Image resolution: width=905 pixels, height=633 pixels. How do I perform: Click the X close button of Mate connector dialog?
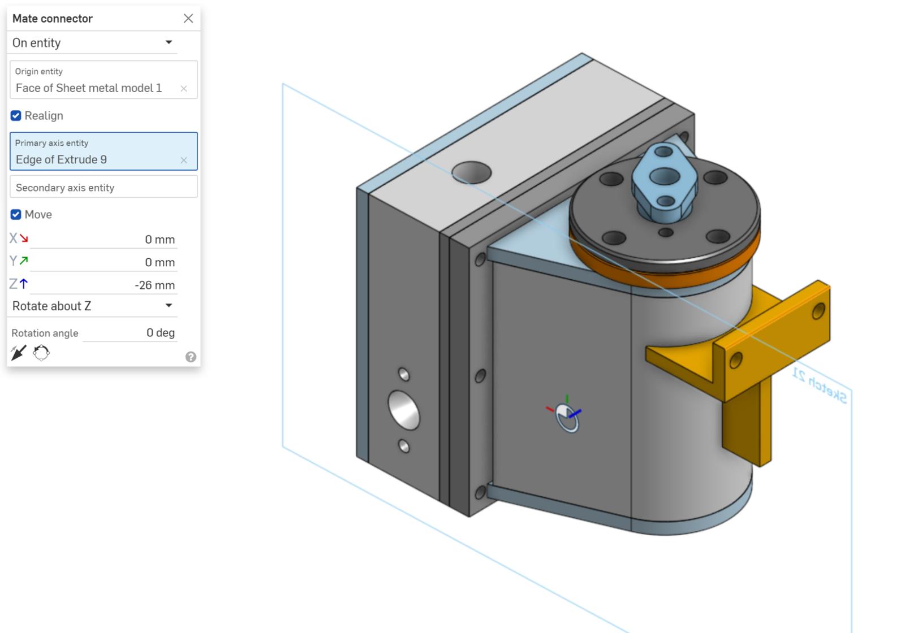pos(188,19)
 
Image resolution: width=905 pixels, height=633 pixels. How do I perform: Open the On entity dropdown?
pos(169,42)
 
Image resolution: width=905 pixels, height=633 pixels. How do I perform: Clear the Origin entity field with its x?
pos(184,89)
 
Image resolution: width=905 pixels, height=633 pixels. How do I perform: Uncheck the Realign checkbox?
pos(16,116)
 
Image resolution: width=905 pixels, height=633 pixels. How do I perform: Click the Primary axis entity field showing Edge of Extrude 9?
pos(96,159)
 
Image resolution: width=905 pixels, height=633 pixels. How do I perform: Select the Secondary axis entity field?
pos(104,188)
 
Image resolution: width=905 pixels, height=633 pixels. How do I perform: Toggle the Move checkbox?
pos(16,215)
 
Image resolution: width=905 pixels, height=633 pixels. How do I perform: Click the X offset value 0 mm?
pos(160,240)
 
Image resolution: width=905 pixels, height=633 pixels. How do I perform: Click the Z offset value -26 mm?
pos(154,285)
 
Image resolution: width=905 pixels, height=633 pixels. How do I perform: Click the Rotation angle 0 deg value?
pos(160,333)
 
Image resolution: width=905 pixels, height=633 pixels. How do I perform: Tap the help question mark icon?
pos(191,357)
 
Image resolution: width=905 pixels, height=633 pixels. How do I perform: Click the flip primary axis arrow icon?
pos(18,353)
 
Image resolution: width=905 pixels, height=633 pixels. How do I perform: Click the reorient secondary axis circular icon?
pos(41,353)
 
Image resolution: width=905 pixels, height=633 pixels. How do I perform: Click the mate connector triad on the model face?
pos(567,417)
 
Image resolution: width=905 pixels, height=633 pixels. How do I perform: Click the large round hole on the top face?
pos(471,172)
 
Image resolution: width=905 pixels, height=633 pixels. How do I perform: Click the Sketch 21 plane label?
pos(819,385)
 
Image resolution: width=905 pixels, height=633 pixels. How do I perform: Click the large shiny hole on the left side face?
pos(404,410)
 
